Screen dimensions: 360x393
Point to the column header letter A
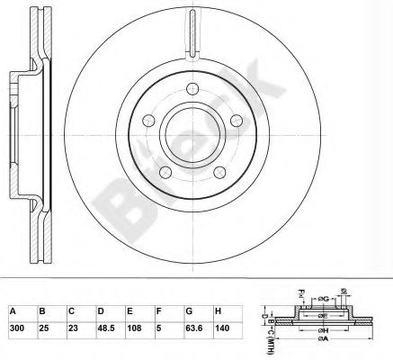pos(13,310)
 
